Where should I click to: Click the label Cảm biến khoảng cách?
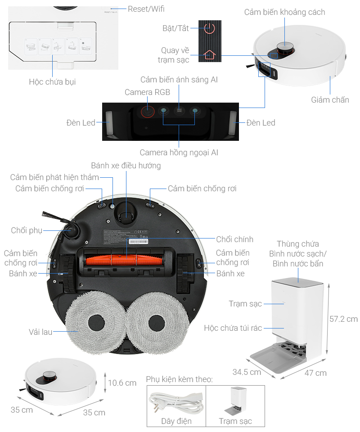tap(284, 12)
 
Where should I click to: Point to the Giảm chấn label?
tap(330, 100)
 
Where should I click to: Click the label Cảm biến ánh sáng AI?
tap(179, 80)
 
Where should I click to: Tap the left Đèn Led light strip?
tap(108, 122)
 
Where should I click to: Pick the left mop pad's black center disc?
tap(96, 323)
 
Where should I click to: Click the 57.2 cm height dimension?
tap(343, 319)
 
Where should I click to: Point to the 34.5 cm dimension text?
tap(247, 372)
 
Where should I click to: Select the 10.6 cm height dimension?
tap(122, 383)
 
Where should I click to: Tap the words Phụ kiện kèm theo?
tap(179, 379)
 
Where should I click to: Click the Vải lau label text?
tap(41, 332)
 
